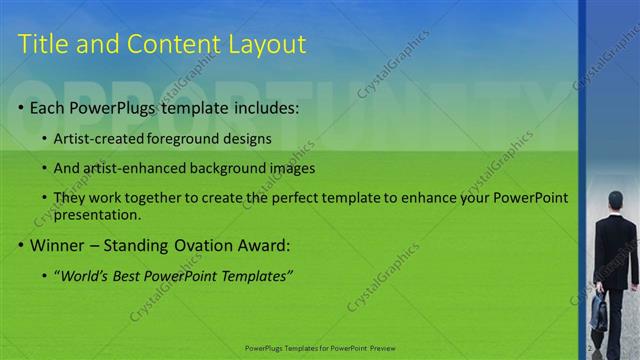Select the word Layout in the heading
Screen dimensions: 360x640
coord(267,44)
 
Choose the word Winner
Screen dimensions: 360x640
coord(57,244)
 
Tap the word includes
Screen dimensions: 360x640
coord(263,107)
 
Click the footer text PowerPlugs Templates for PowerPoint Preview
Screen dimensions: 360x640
coord(320,348)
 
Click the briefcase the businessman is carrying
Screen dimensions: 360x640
coord(598,313)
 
